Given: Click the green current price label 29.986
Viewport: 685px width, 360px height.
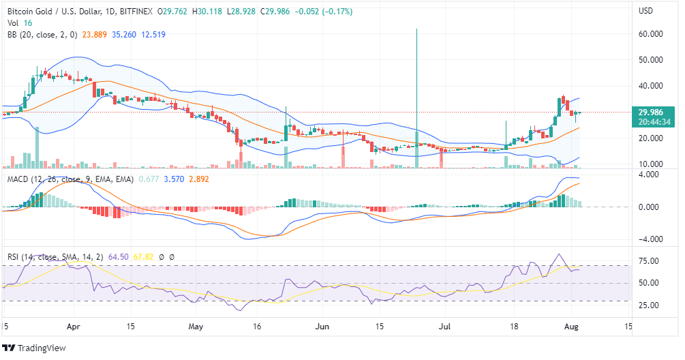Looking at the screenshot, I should click(651, 112).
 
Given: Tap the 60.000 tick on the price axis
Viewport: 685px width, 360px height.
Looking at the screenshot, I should click(651, 34).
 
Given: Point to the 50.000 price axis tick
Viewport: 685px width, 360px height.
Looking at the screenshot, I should click(651, 60).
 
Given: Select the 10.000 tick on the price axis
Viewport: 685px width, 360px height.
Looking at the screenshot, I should click(651, 164).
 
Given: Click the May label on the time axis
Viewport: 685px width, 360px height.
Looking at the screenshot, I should click(196, 327).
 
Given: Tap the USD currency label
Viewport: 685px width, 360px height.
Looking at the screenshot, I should click(645, 11).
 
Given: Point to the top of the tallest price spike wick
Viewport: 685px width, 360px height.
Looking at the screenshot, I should click(416, 29).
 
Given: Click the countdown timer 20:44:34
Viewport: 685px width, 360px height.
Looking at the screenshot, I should click(651, 122).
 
